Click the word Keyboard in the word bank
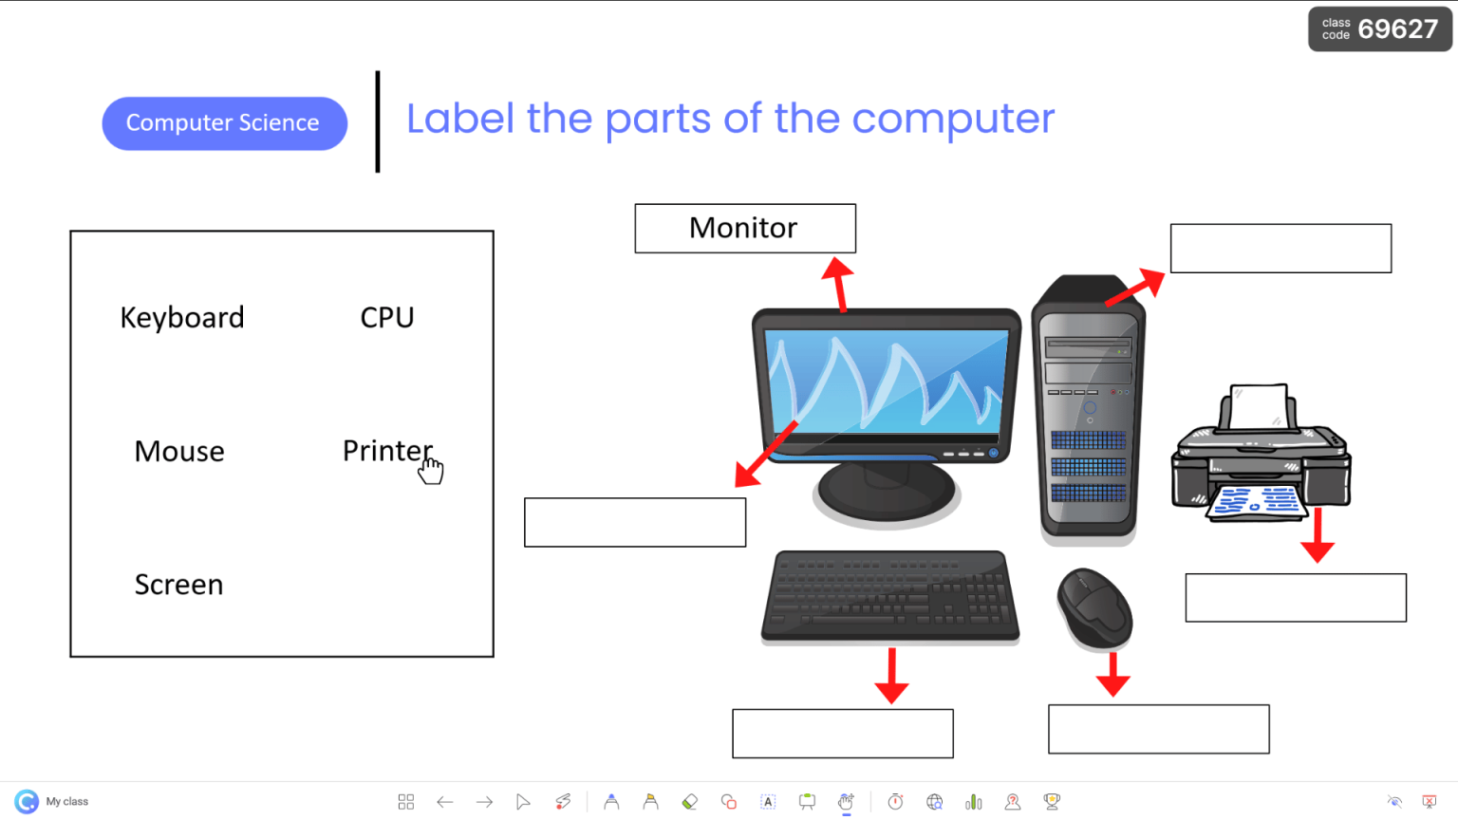(182, 317)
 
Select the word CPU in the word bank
(387, 317)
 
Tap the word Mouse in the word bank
(179, 451)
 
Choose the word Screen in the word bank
(178, 585)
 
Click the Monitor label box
(745, 229)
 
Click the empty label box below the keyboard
(843, 734)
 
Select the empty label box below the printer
(1296, 598)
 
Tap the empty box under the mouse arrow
(1158, 729)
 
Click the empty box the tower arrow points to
(1280, 249)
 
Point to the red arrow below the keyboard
(891, 677)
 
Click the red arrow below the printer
(1318, 537)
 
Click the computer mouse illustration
(1094, 608)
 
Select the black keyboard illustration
(890, 596)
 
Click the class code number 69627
(1397, 29)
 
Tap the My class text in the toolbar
(66, 802)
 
